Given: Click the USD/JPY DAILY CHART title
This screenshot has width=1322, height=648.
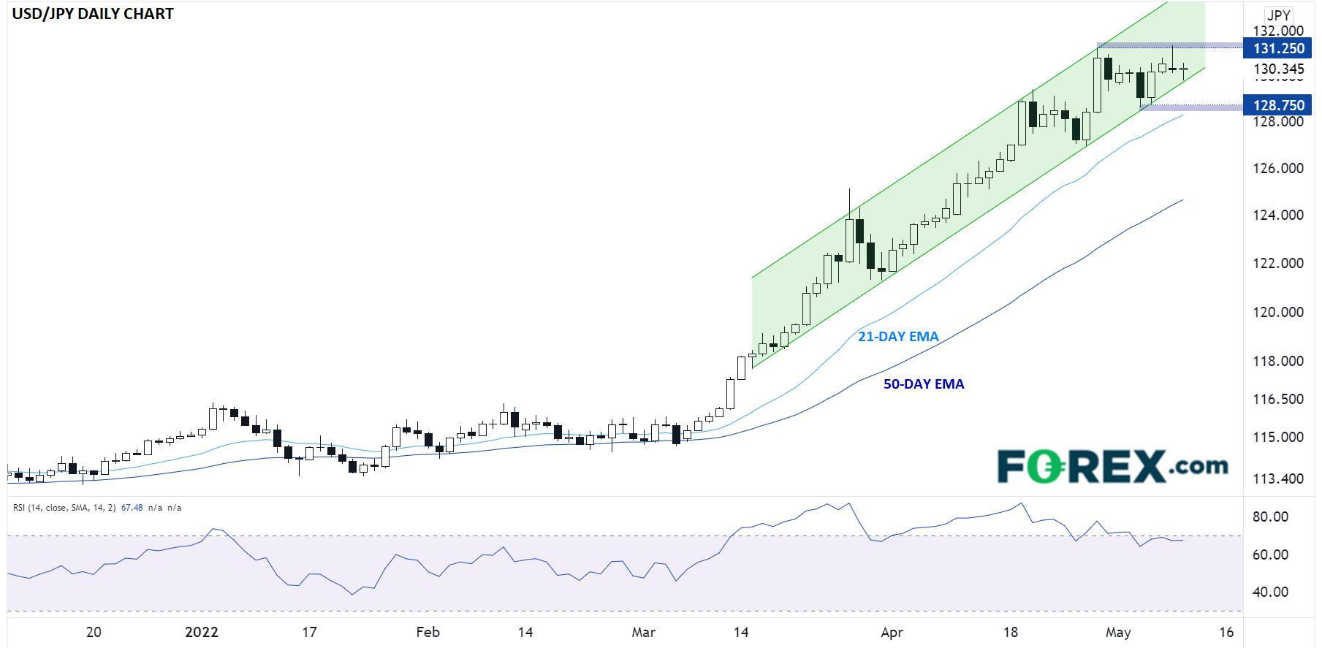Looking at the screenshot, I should pyautogui.click(x=93, y=14).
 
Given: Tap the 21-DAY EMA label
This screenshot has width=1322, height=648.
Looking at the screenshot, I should pyautogui.click(x=898, y=337).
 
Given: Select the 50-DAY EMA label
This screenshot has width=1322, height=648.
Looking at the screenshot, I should pyautogui.click(x=924, y=384).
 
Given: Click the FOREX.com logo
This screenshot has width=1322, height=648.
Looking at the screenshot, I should pyautogui.click(x=1112, y=466).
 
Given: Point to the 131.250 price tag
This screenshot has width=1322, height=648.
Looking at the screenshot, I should pyautogui.click(x=1277, y=49).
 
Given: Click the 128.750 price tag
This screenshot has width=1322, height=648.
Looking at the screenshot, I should pyautogui.click(x=1277, y=105).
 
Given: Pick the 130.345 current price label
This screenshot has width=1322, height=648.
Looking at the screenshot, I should pyautogui.click(x=1278, y=69).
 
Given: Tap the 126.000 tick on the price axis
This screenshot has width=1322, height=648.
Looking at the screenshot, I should pyautogui.click(x=1278, y=168).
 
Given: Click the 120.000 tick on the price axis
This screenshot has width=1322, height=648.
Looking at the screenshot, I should pyautogui.click(x=1278, y=312).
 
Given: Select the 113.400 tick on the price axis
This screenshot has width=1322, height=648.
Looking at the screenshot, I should pyautogui.click(x=1278, y=479).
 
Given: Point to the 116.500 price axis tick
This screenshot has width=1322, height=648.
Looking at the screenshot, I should pyautogui.click(x=1278, y=399).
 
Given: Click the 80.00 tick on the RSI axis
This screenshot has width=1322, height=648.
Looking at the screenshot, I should pyautogui.click(x=1270, y=517).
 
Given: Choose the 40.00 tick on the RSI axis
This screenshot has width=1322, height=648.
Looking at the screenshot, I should pyautogui.click(x=1270, y=592).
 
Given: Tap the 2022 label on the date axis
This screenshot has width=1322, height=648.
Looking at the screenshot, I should pyautogui.click(x=202, y=632).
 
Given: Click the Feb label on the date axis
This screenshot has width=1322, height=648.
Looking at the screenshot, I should pyautogui.click(x=428, y=632).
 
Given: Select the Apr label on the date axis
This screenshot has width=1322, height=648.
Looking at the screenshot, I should pyautogui.click(x=892, y=632).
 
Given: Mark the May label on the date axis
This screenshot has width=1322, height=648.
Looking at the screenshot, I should pyautogui.click(x=1118, y=632).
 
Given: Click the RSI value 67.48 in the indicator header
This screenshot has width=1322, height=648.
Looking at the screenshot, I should pyautogui.click(x=132, y=508).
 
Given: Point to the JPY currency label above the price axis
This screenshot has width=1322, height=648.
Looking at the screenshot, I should pyautogui.click(x=1278, y=15).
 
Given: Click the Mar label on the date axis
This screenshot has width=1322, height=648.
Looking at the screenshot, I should pyautogui.click(x=643, y=632).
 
